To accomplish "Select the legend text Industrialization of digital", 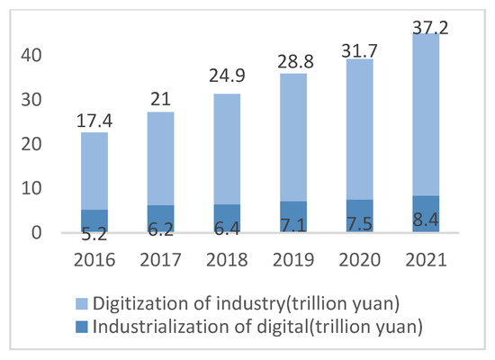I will [x=261, y=321].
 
